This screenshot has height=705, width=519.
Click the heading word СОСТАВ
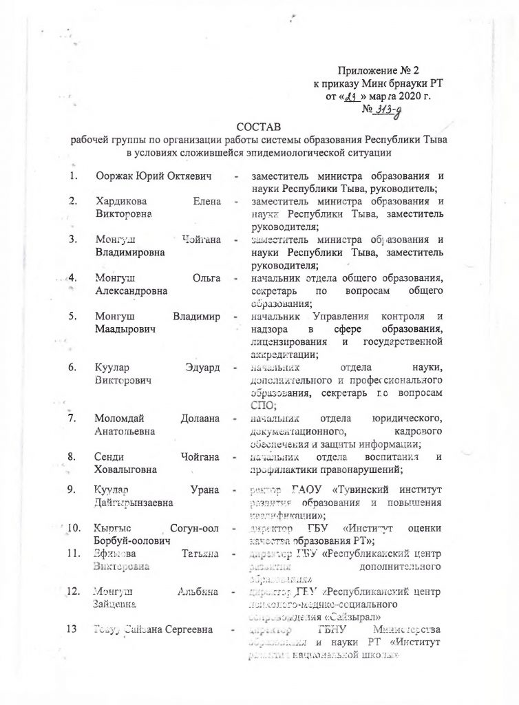coord(259,127)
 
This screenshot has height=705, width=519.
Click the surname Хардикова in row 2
coord(121,202)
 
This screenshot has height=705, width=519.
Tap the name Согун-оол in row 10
coord(194,528)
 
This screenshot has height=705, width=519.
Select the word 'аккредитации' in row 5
coord(282,354)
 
